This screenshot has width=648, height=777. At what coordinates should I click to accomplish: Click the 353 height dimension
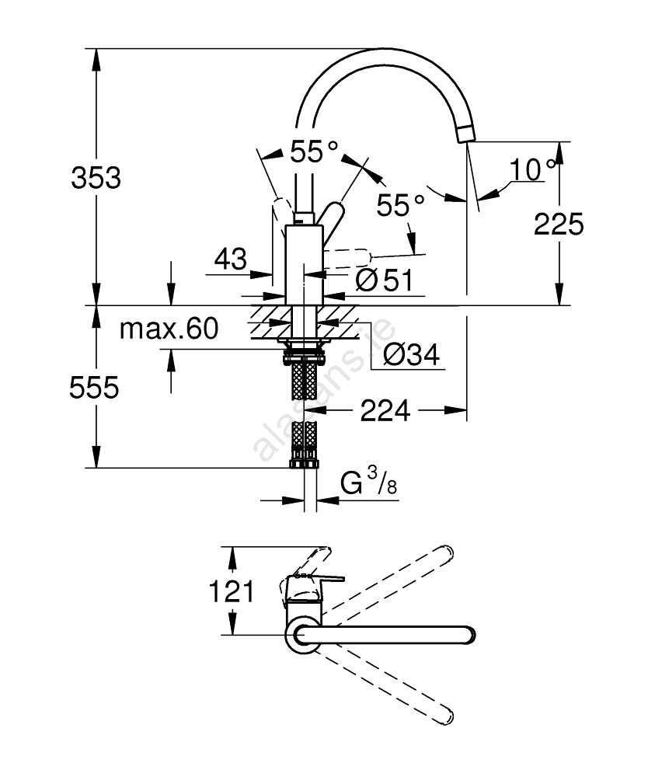pyautogui.click(x=96, y=179)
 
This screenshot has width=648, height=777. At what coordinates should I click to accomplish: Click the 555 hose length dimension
pyautogui.click(x=95, y=386)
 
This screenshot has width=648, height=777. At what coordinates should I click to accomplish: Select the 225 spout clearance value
pyautogui.click(x=559, y=225)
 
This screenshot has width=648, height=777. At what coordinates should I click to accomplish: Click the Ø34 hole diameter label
pyautogui.click(x=412, y=355)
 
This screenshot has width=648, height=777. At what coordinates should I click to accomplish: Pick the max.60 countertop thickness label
pyautogui.click(x=169, y=329)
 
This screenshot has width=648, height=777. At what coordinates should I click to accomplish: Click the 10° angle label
pyautogui.click(x=534, y=169)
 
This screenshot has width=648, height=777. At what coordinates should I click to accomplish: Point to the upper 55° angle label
pyautogui.click(x=315, y=151)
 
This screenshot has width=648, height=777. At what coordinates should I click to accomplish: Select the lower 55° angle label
pyautogui.click(x=400, y=205)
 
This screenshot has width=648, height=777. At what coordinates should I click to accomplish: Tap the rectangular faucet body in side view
pyautogui.click(x=305, y=264)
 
